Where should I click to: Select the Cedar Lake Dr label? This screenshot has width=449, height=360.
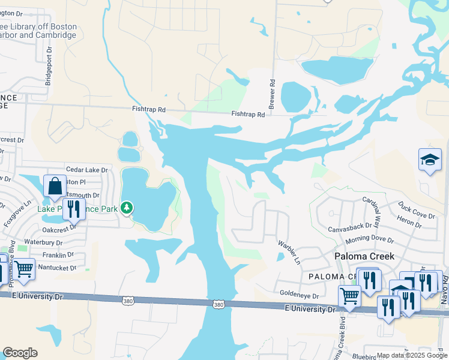point(87,170)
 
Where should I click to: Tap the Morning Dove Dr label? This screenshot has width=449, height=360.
point(370,240)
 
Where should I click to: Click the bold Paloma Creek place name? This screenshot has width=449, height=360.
point(364,256)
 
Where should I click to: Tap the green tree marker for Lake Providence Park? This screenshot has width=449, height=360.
point(126,208)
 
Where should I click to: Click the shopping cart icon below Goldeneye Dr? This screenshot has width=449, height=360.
point(349,295)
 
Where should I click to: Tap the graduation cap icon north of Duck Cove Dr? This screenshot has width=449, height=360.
point(430,160)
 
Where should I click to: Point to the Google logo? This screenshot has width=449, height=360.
point(20,353)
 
